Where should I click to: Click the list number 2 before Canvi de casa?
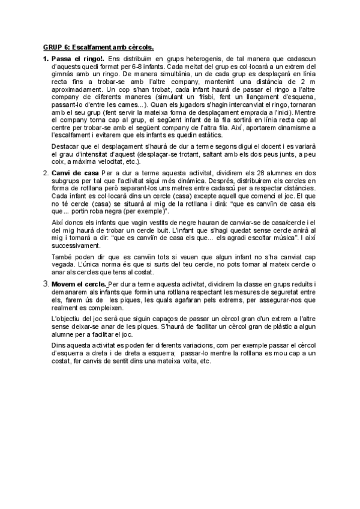[46, 172]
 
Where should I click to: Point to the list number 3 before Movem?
[46, 283]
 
